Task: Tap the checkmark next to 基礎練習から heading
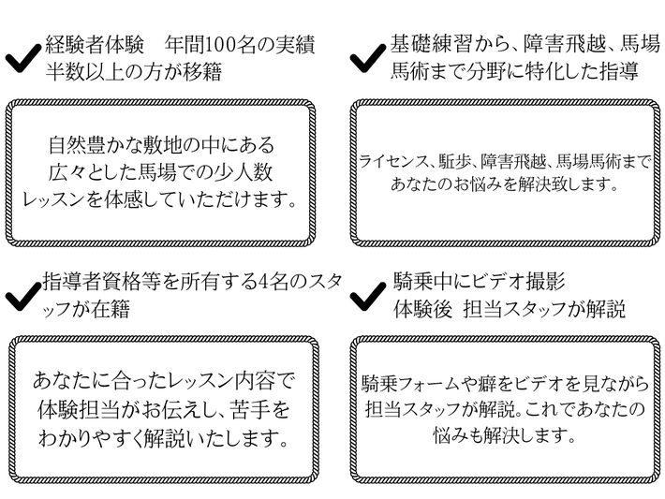(368, 58)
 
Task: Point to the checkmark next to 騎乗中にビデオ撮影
(368, 296)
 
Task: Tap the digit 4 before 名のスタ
(262, 282)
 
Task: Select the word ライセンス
(391, 161)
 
